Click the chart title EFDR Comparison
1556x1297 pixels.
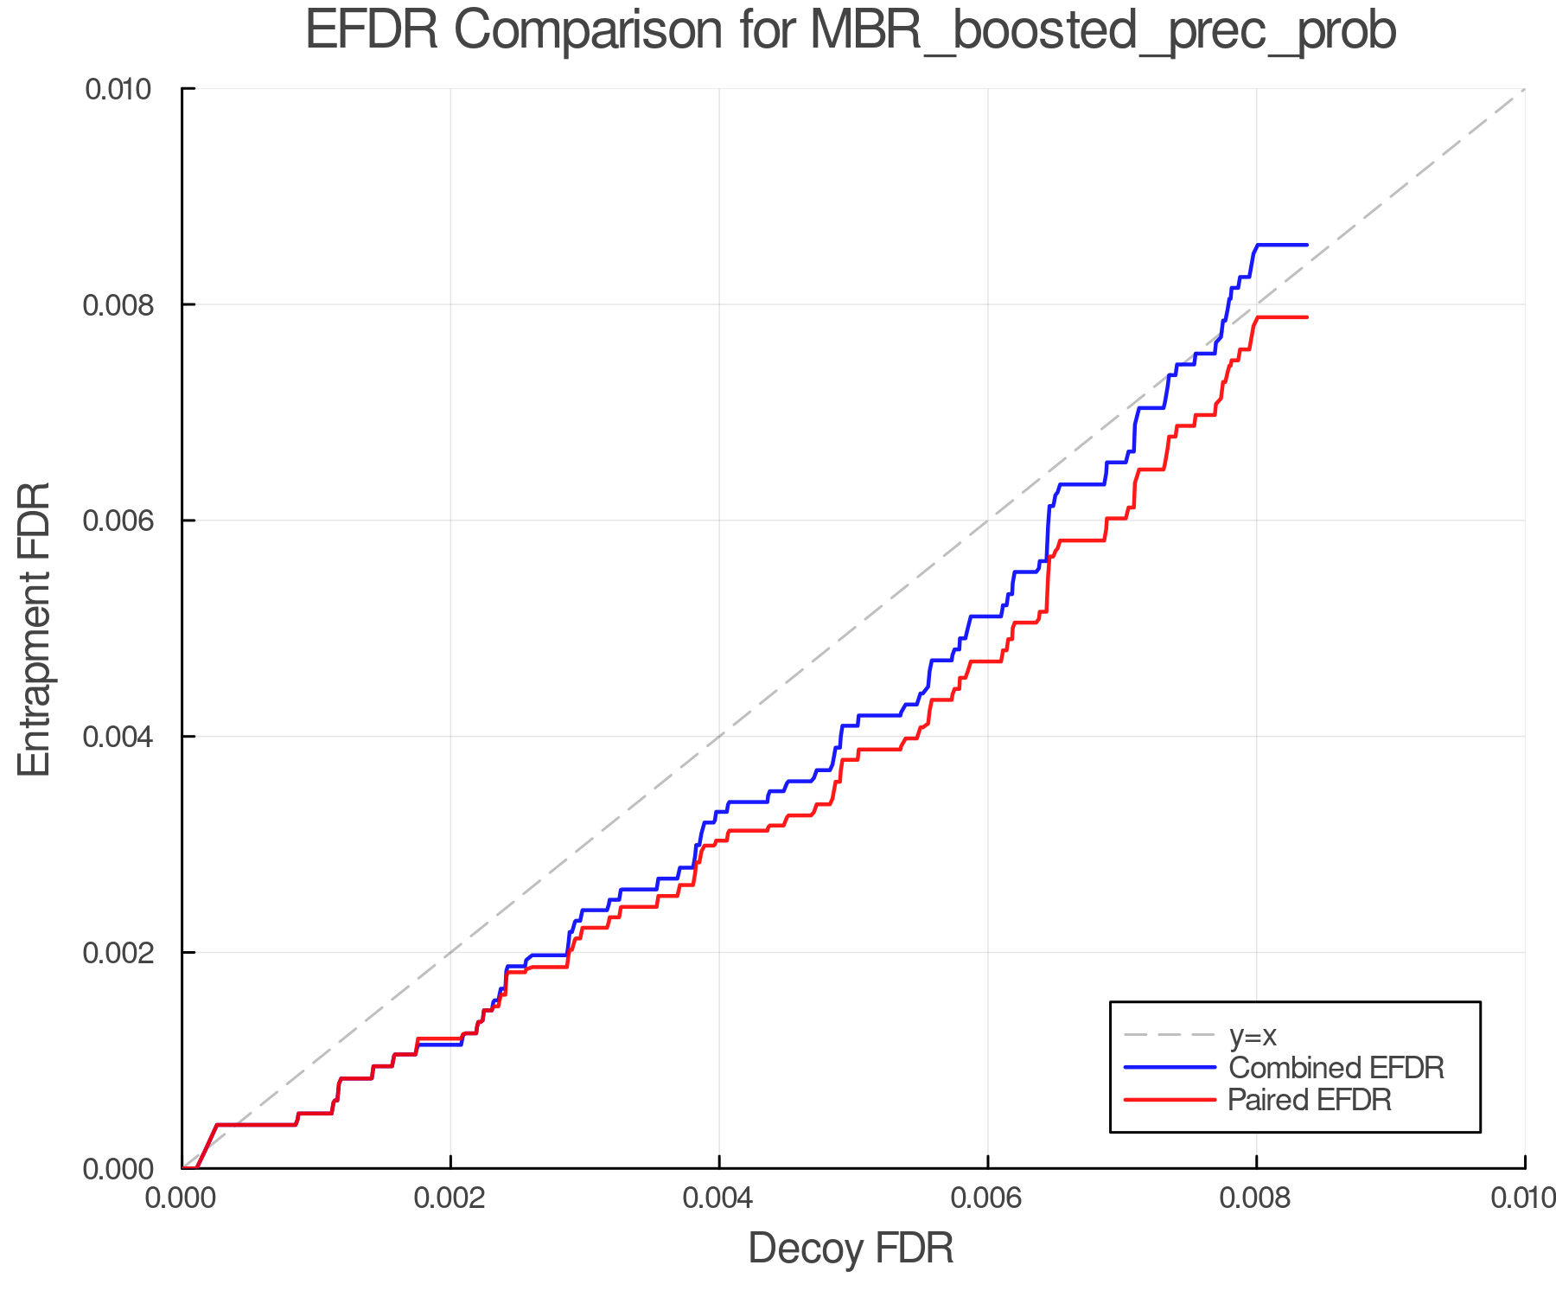click(x=851, y=31)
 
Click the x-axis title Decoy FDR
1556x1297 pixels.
click(x=851, y=1249)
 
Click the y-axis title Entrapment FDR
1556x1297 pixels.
click(x=35, y=629)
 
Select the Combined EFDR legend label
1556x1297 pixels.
click(x=1336, y=1068)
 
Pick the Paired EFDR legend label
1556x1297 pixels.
click(x=1309, y=1100)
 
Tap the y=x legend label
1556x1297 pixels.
click(x=1253, y=1035)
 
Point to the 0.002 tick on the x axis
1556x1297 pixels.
click(x=450, y=1198)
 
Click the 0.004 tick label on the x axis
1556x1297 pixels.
click(x=719, y=1198)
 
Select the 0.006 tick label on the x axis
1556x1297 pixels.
click(x=988, y=1198)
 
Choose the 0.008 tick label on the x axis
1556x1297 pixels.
click(x=1256, y=1198)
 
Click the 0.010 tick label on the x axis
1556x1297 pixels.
click(x=1523, y=1198)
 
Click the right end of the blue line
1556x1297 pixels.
click(x=1306, y=246)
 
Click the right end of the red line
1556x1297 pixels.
click(x=1306, y=317)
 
